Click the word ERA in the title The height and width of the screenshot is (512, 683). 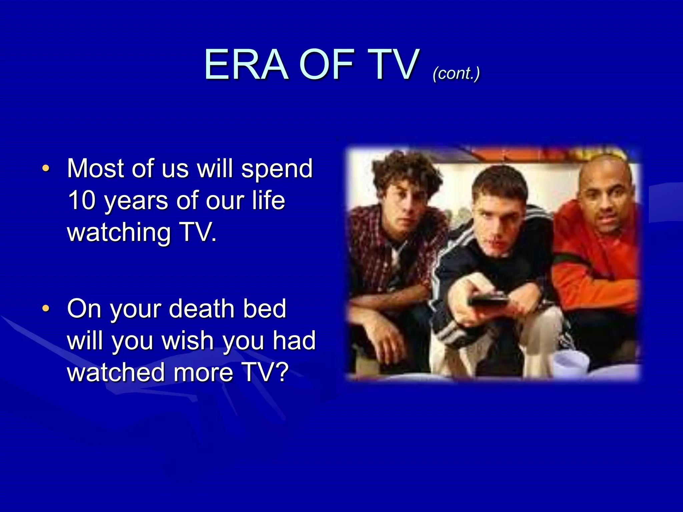tap(246, 65)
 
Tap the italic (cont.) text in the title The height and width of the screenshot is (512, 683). tap(456, 73)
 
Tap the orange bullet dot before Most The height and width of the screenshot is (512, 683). tap(46, 168)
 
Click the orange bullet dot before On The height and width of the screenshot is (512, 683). tap(46, 308)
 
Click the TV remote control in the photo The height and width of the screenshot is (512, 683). tap(489, 300)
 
